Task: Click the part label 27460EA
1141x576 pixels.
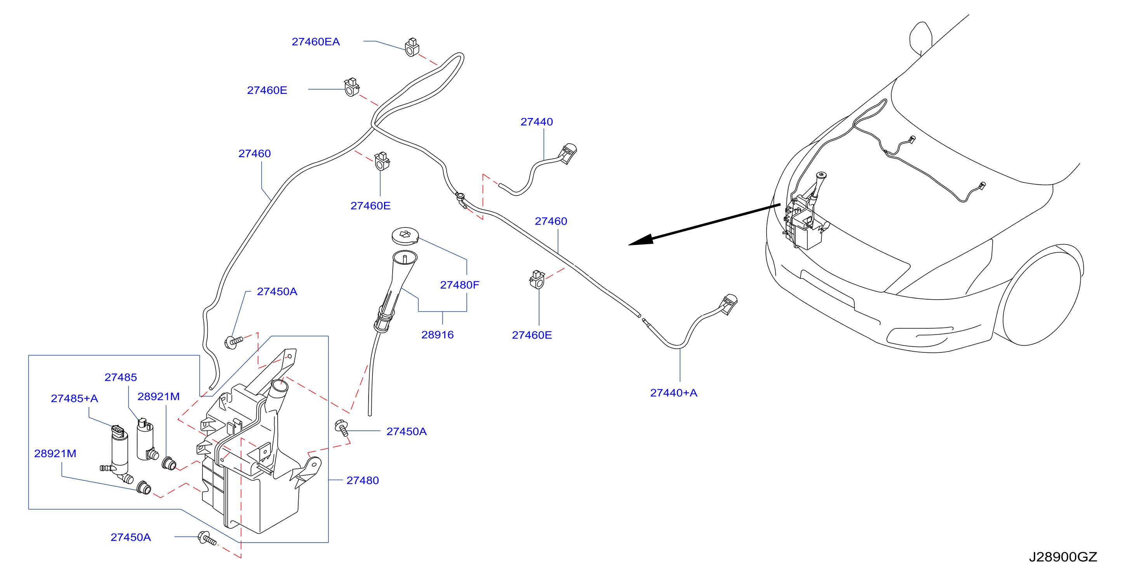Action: click(315, 42)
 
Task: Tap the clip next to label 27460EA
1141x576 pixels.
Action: click(412, 47)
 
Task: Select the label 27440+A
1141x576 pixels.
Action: click(673, 393)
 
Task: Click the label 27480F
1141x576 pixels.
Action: click(459, 285)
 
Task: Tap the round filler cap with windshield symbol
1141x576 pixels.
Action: click(405, 235)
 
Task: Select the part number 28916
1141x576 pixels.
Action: click(437, 335)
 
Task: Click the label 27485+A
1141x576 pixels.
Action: click(75, 399)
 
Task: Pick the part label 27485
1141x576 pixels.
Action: click(120, 377)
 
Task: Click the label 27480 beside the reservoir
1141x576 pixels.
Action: click(362, 481)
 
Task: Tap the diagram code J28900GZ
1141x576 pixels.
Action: click(1063, 557)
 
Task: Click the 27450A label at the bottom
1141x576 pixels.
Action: click(130, 537)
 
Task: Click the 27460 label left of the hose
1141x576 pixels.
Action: click(254, 154)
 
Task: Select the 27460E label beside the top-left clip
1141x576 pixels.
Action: click(267, 90)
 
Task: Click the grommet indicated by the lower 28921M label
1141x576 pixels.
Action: click(144, 488)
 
